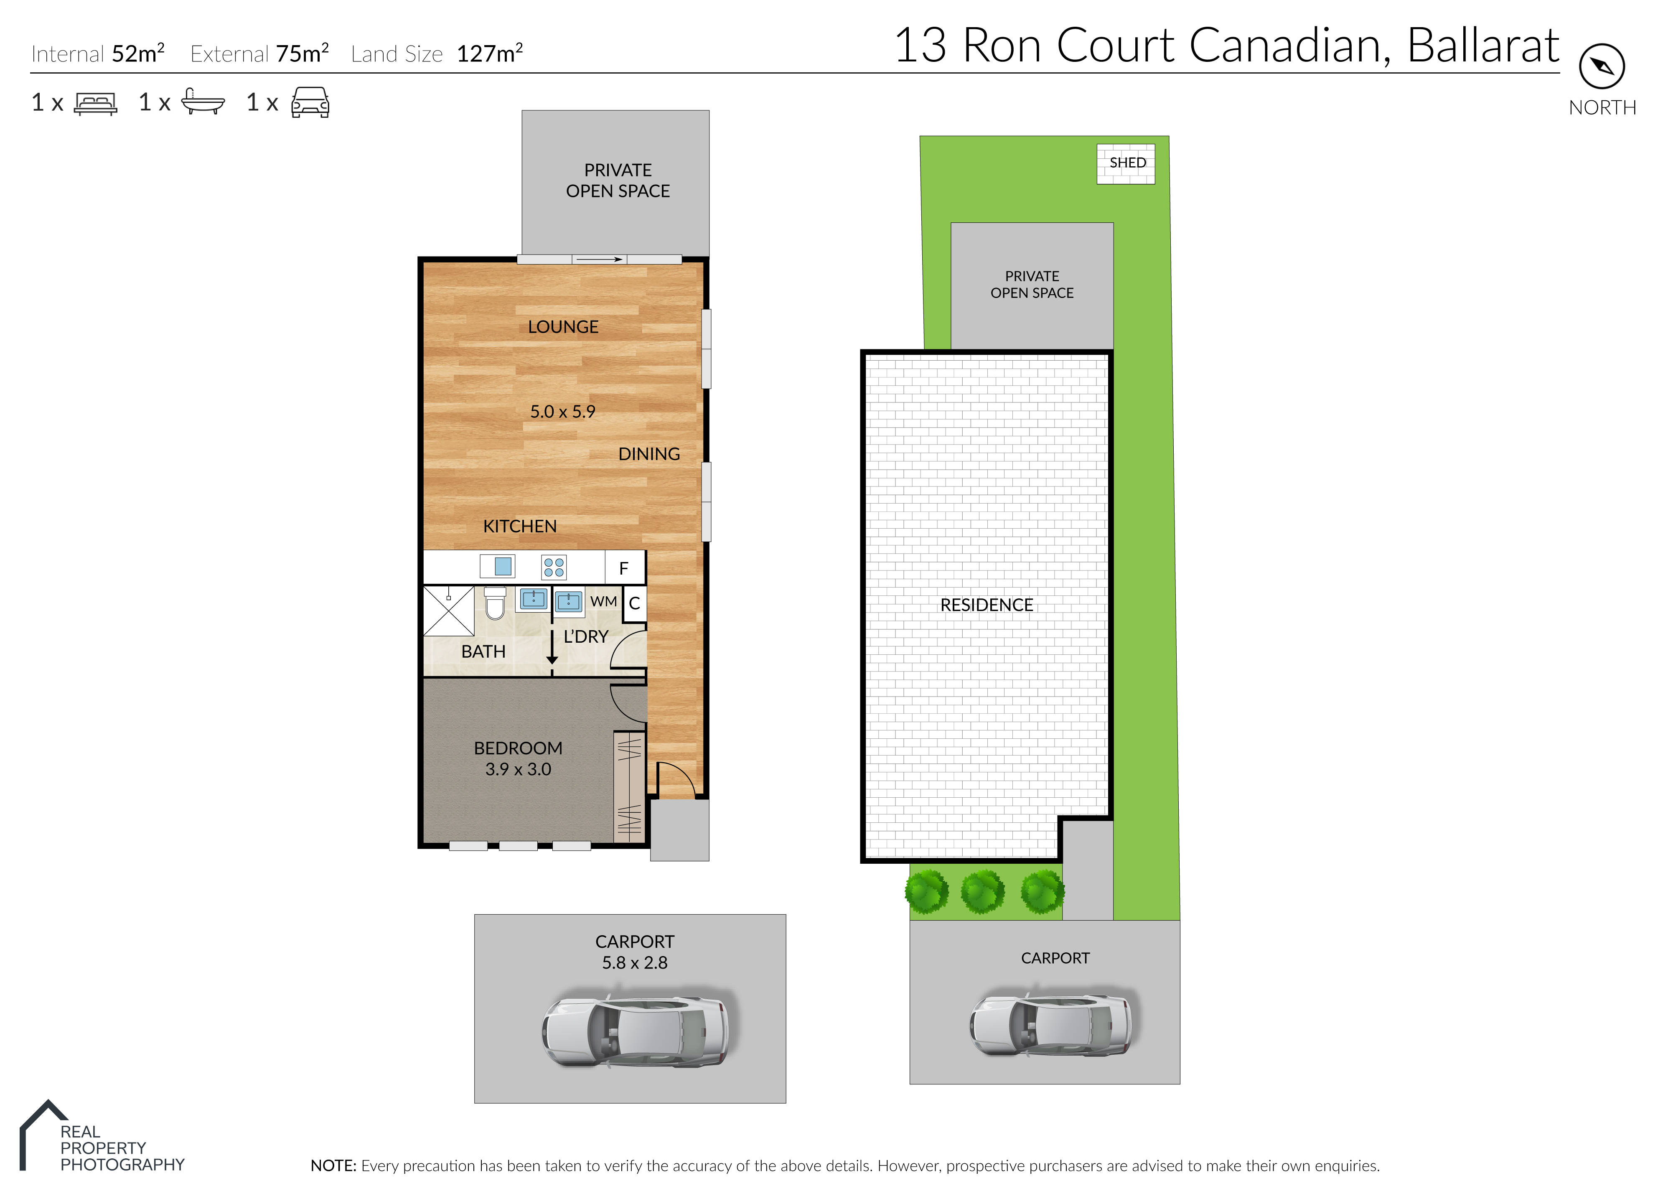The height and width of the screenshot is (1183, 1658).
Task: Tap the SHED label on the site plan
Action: tap(1127, 163)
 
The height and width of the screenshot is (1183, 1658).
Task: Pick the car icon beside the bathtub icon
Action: tap(310, 103)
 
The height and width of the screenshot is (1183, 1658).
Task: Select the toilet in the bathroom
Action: tap(495, 603)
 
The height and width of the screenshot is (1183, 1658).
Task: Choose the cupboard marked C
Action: tap(635, 603)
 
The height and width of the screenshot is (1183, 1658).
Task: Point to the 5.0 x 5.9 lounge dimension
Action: tap(562, 412)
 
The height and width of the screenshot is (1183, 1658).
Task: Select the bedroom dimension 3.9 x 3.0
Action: tap(518, 769)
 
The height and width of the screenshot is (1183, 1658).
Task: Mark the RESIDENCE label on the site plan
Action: tap(987, 605)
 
